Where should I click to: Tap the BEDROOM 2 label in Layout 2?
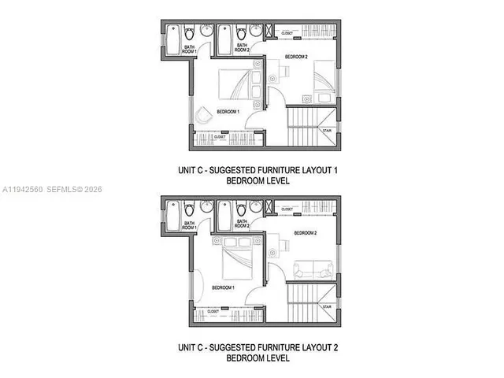[x=306, y=233]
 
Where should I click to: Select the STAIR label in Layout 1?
[x=327, y=131]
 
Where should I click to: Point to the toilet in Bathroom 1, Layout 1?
[x=190, y=36]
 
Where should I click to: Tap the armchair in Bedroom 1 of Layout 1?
[x=204, y=113]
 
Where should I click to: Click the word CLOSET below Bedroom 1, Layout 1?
[x=220, y=137]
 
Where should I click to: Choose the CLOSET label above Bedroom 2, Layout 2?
[x=287, y=209]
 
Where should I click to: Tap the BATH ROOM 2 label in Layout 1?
[x=243, y=47]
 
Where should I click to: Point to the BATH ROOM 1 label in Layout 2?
[x=190, y=224]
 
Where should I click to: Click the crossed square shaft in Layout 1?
[x=271, y=32]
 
